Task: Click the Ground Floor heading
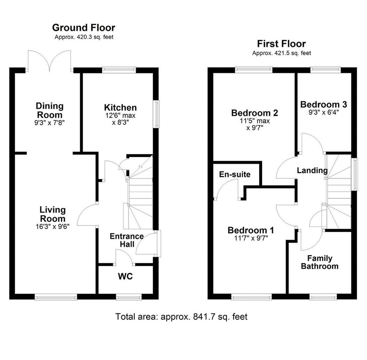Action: click(84, 27)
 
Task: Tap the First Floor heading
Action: click(281, 44)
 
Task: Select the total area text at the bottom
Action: click(181, 316)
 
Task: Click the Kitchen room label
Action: click(120, 108)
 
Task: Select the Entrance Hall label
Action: click(127, 240)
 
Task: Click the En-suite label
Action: click(235, 174)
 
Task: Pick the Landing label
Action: click(312, 171)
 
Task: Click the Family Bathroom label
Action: click(319, 262)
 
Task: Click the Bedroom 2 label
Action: click(255, 113)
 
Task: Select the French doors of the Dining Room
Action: click(50, 61)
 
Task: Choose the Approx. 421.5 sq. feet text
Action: click(281, 53)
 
